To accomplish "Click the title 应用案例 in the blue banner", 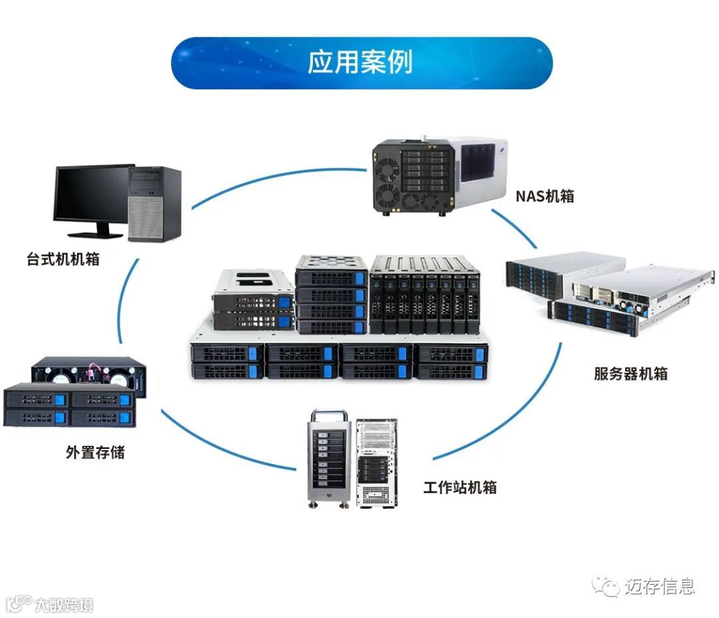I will pyautogui.click(x=360, y=62).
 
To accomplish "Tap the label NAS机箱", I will pyautogui.click(x=545, y=196).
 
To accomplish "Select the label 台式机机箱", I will pyautogui.click(x=63, y=259).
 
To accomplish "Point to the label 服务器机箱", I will pyautogui.click(x=630, y=374).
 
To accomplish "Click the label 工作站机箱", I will pyautogui.click(x=460, y=487).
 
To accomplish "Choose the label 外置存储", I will pyautogui.click(x=95, y=453).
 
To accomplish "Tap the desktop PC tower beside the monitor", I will pyautogui.click(x=155, y=203).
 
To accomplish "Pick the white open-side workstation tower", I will pyautogui.click(x=377, y=462).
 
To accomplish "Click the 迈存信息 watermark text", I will pyautogui.click(x=660, y=587).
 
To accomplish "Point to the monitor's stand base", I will pyautogui.click(x=97, y=234).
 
